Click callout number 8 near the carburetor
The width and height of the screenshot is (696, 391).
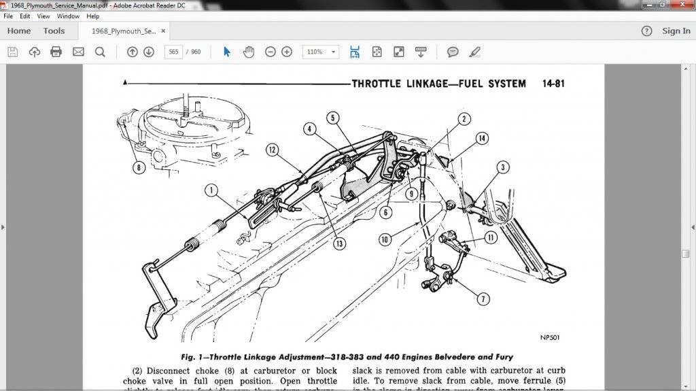point(139,167)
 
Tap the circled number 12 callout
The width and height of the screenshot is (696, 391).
point(273,150)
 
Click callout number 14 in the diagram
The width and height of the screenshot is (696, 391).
point(482,138)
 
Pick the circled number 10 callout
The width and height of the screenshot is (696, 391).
point(385,239)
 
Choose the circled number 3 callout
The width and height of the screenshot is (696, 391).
point(502,167)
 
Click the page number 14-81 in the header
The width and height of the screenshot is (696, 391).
point(553,84)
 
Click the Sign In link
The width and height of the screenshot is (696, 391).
point(676,31)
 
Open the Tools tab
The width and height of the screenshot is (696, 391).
point(54,31)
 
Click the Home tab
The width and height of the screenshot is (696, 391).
point(18,31)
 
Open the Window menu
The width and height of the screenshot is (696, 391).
point(68,16)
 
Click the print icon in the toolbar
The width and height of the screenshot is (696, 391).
point(56,52)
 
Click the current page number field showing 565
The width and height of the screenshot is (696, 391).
point(173,52)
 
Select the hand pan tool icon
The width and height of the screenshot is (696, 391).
point(249,52)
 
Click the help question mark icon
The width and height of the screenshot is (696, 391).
point(647,31)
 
